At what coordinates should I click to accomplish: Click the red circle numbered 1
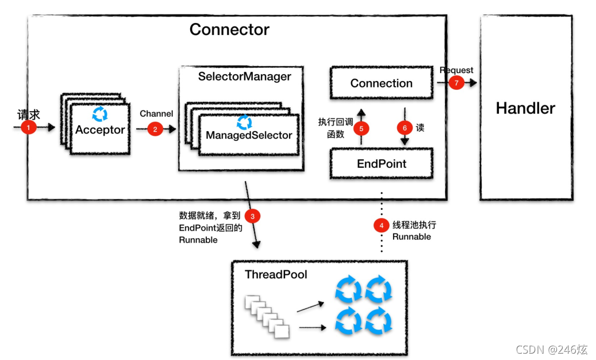[29, 127]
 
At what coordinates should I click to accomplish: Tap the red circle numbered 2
[155, 129]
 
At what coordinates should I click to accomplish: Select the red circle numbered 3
[252, 216]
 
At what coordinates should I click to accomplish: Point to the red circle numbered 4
[381, 225]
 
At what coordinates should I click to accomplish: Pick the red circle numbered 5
[361, 128]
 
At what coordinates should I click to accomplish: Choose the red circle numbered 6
[405, 128]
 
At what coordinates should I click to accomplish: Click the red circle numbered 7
[456, 82]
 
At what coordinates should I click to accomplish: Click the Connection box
[382, 83]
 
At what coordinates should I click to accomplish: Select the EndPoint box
[382, 163]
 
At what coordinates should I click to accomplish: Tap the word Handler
[525, 108]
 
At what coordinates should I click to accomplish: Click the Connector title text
[229, 30]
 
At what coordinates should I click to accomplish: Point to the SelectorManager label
[244, 76]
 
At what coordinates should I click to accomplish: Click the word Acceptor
[100, 130]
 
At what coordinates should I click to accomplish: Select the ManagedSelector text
[249, 135]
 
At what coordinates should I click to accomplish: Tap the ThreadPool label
[276, 274]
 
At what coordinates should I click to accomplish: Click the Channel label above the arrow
[156, 114]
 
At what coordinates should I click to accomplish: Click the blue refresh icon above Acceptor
[100, 114]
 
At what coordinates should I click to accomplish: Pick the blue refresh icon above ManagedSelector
[244, 122]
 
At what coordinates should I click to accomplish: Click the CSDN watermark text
[552, 349]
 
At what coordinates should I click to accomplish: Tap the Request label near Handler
[456, 70]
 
